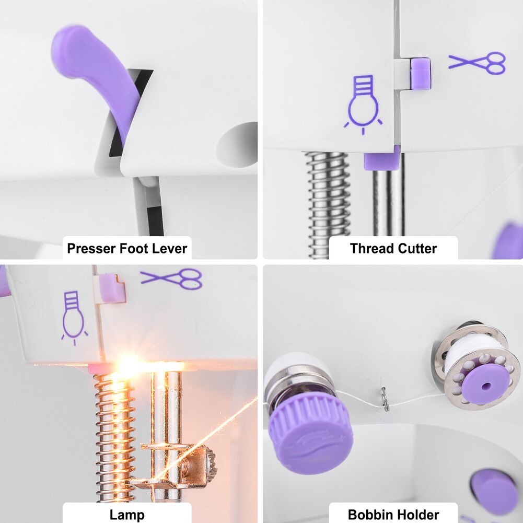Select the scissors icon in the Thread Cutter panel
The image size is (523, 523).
pos(477,63)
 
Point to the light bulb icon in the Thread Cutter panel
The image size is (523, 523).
pos(363,104)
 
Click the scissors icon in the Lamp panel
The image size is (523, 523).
pos(171,279)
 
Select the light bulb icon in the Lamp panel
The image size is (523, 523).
pos(74,318)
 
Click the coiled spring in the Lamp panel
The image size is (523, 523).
pos(114,437)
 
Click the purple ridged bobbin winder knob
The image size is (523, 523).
pos(311,432)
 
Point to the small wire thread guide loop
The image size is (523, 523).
pos(385,399)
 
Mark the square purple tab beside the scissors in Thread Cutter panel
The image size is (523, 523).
pos(421,74)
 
